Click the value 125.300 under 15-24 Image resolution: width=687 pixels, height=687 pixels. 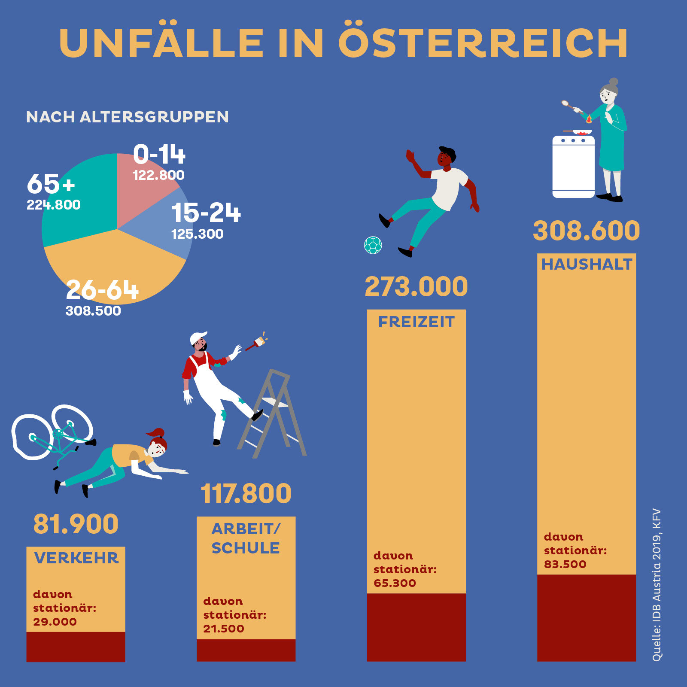pyautogui.click(x=197, y=234)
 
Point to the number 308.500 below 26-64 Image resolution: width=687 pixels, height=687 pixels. pyautogui.click(x=93, y=311)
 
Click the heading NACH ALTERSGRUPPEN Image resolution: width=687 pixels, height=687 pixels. pyautogui.click(x=127, y=117)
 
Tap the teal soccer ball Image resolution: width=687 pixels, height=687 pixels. pyautogui.click(x=373, y=245)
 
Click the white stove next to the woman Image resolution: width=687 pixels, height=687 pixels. pyautogui.click(x=573, y=167)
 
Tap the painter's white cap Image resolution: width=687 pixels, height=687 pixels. pyautogui.click(x=198, y=337)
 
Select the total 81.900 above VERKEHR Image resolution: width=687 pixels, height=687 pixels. pyautogui.click(x=76, y=524)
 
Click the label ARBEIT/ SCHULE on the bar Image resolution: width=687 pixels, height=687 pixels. pyautogui.click(x=246, y=538)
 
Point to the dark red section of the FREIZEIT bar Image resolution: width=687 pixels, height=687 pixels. pyautogui.click(x=416, y=627)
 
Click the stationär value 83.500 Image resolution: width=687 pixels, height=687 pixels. pyautogui.click(x=565, y=564)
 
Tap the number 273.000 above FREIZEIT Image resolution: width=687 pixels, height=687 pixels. pyautogui.click(x=416, y=287)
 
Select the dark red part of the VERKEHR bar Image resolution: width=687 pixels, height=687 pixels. pyautogui.click(x=76, y=646)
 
